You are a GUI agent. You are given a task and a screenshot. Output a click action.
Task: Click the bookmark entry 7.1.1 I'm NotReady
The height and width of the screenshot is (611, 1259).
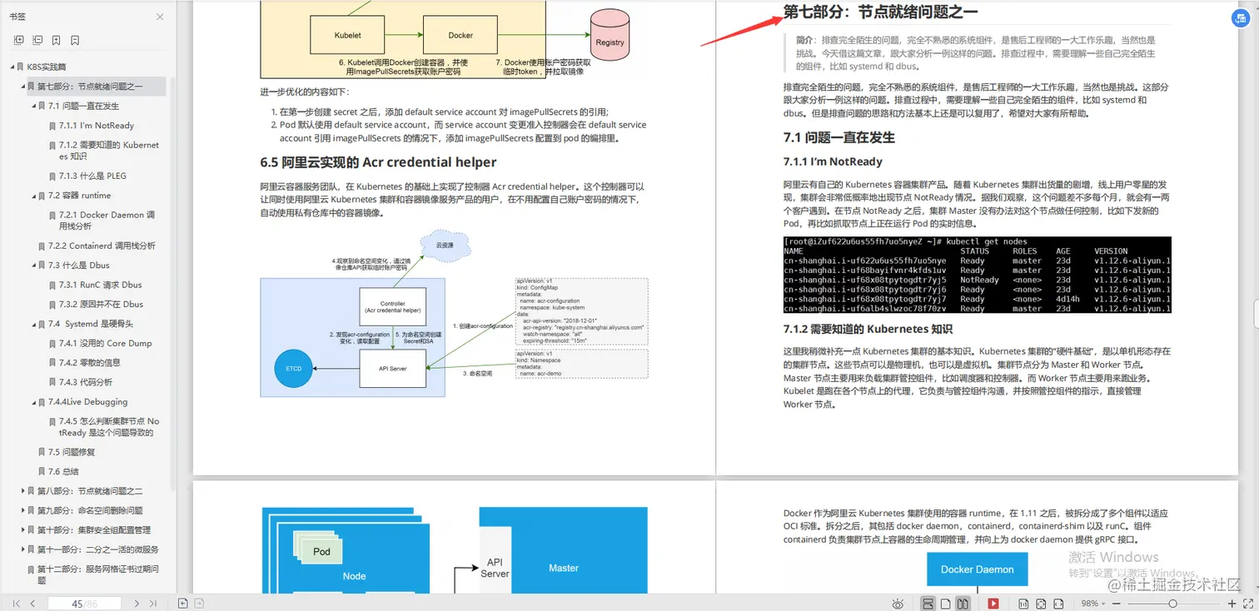click(x=96, y=126)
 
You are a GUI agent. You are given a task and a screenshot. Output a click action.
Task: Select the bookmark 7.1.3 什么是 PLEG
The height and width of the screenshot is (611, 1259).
click(x=92, y=176)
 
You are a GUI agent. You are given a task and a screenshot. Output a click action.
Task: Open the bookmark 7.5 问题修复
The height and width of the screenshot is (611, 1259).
click(x=72, y=452)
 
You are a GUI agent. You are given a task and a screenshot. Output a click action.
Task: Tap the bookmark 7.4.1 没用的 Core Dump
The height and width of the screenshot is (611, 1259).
click(x=105, y=343)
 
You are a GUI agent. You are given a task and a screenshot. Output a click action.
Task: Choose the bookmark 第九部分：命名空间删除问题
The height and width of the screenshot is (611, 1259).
click(x=90, y=510)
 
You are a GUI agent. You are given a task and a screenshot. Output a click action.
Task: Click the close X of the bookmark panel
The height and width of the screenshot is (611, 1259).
click(x=160, y=17)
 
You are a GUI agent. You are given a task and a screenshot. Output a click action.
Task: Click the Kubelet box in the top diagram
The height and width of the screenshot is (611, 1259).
click(x=347, y=36)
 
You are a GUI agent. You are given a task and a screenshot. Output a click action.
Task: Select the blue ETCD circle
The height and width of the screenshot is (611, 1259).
click(x=292, y=369)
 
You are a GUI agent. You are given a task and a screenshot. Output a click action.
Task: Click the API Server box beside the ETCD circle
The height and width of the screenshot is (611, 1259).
click(x=392, y=368)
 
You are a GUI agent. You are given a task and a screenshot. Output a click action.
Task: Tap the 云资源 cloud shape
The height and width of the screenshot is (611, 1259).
click(x=446, y=246)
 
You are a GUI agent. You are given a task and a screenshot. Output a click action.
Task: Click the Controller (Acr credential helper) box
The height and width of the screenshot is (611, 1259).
click(x=392, y=307)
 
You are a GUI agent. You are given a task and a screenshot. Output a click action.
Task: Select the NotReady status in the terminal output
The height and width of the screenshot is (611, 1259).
click(x=978, y=280)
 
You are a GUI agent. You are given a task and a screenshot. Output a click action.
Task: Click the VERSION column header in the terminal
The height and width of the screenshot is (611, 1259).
click(x=1111, y=251)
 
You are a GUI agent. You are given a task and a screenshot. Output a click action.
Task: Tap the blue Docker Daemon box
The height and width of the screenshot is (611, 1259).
click(x=977, y=569)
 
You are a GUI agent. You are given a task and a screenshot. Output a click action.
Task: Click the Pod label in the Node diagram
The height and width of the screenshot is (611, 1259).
click(x=321, y=551)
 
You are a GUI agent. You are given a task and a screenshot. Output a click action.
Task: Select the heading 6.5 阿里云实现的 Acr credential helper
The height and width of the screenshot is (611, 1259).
click(x=378, y=162)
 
